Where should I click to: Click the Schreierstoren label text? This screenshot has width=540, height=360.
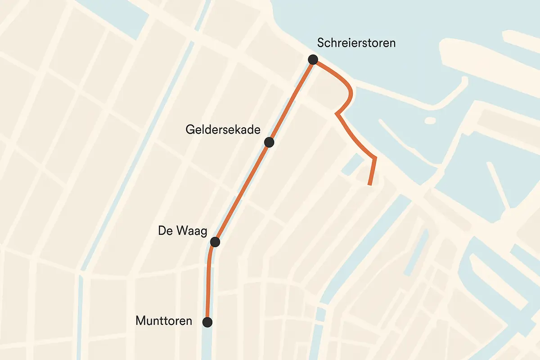point(356,43)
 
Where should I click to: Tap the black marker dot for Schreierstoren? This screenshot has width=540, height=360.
point(313,59)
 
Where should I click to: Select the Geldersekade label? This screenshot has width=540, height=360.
point(223,130)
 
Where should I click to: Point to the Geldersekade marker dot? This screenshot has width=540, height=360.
point(269,142)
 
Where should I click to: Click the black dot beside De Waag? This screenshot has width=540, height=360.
point(215,242)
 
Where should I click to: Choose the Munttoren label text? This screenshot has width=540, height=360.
point(164,321)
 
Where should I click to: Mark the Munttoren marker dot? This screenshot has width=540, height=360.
point(207,322)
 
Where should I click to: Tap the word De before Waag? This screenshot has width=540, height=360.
point(165,231)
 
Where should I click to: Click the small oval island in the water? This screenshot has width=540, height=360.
point(430,121)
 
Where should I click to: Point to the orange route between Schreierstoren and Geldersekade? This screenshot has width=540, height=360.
point(292,101)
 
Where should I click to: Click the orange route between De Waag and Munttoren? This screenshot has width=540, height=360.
point(208,283)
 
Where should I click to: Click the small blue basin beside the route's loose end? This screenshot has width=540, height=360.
point(352,165)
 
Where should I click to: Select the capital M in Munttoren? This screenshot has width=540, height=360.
point(140,321)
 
